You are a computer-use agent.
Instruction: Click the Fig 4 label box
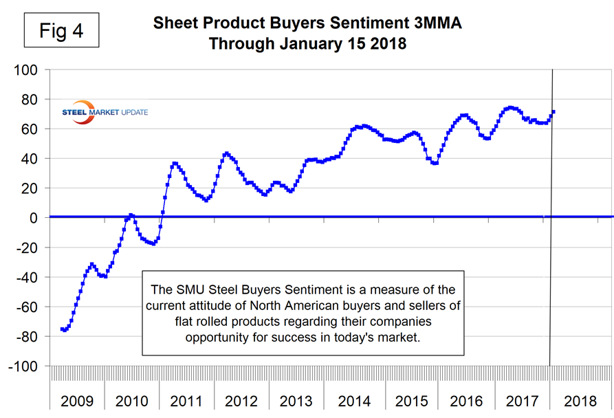[x=61, y=32]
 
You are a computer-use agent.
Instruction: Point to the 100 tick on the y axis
[x=30, y=70]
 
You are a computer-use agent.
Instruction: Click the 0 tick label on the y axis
[x=39, y=218]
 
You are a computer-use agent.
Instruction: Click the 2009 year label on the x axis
[x=76, y=401]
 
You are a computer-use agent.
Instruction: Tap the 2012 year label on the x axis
[x=241, y=401]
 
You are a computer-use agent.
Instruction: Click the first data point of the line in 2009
[x=62, y=329]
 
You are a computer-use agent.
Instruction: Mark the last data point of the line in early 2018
[x=553, y=112]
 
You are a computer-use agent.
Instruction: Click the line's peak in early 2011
[x=175, y=164]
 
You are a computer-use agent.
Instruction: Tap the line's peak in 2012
[x=226, y=153]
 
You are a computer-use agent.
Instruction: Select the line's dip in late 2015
[x=435, y=163]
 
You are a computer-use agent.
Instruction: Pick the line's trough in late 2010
[x=153, y=243]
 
